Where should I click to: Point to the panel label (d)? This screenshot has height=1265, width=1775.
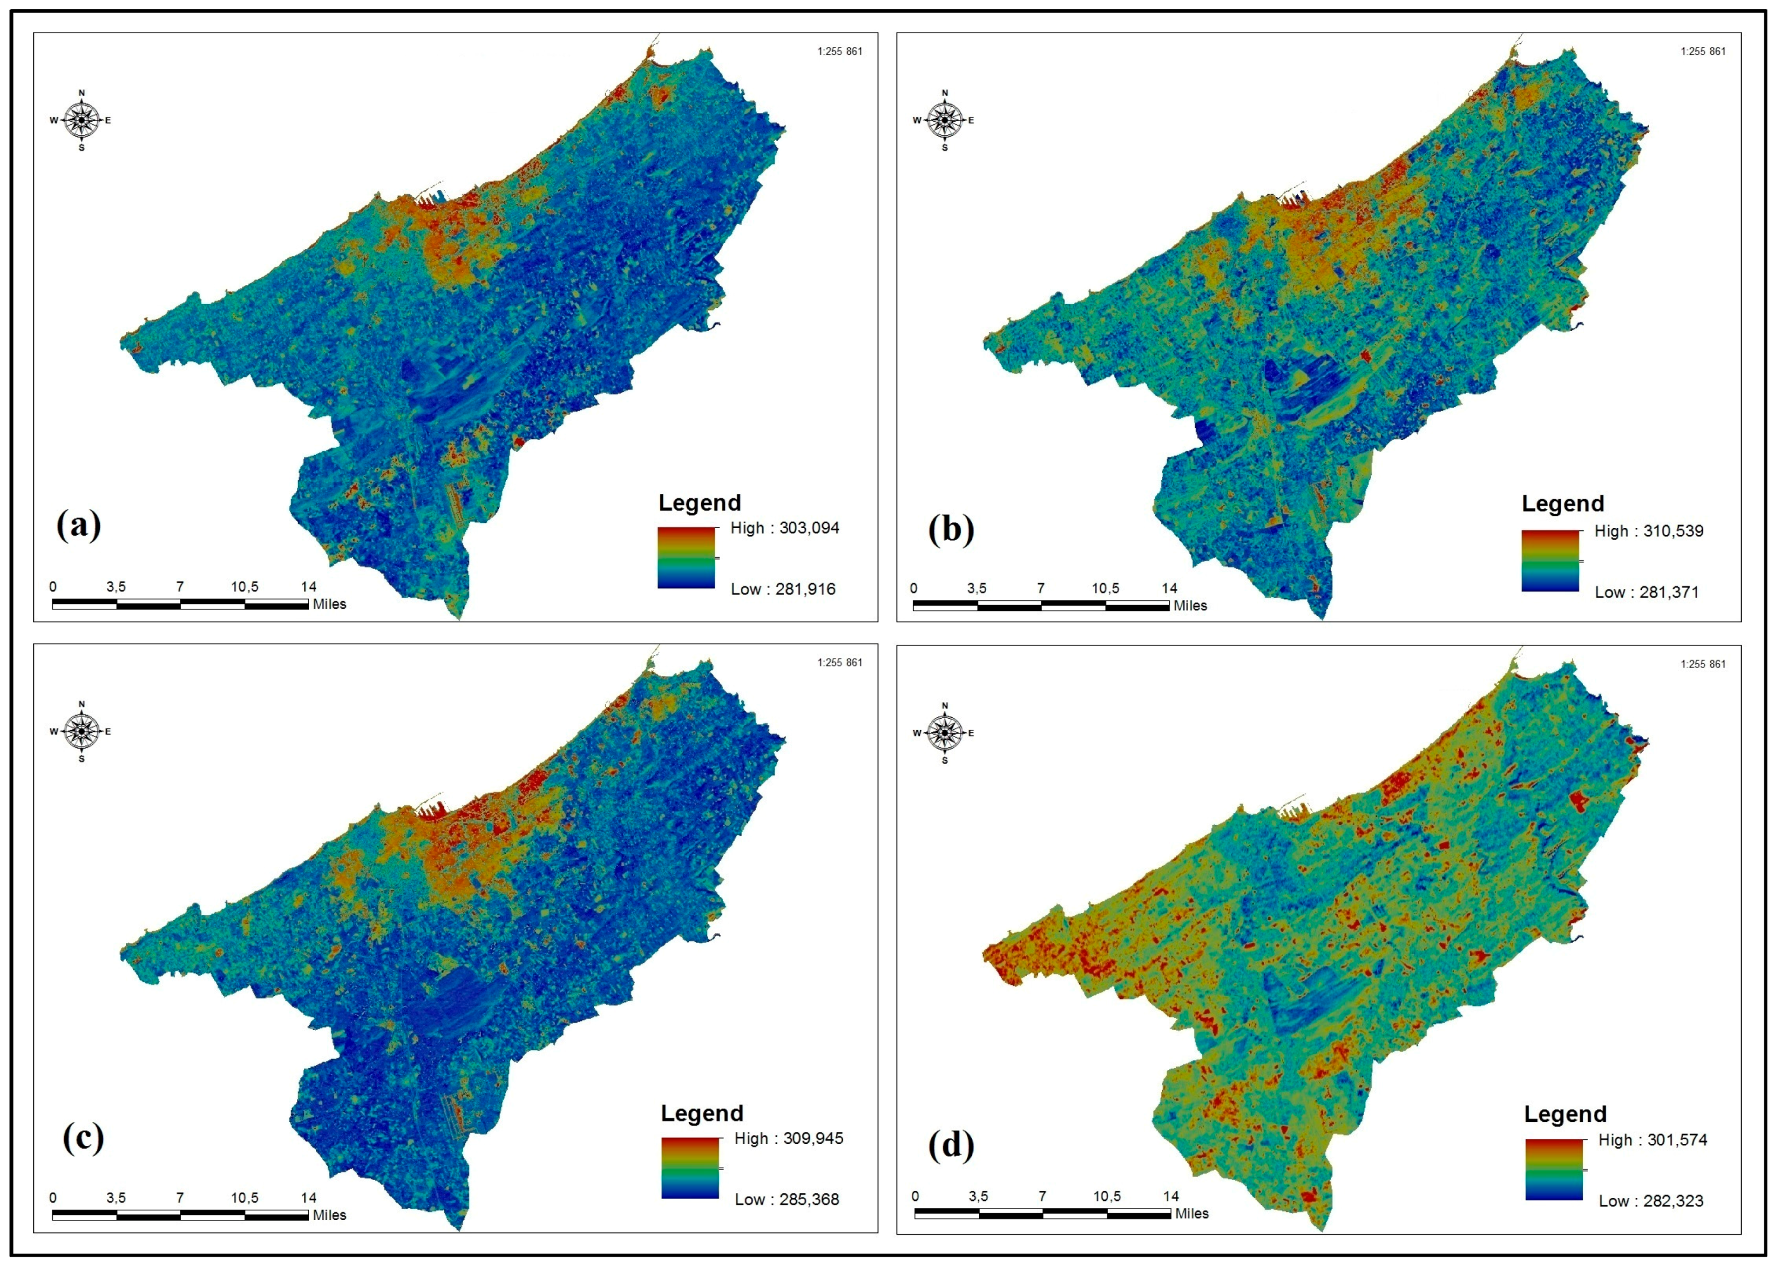950,1145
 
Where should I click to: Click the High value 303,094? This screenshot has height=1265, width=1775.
785,528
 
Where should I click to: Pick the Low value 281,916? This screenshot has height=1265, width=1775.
782,590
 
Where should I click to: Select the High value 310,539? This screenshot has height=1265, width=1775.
1649,531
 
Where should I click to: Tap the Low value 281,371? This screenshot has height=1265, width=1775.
1647,593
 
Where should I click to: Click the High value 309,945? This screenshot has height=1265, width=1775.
788,1139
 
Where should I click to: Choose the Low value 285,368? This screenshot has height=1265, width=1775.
787,1200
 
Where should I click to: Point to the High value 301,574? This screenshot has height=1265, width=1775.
1653,1140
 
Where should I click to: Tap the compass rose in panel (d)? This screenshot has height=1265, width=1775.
945,733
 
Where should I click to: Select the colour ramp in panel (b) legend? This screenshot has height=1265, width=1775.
1550,561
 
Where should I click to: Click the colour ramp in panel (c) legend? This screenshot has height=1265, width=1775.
690,1168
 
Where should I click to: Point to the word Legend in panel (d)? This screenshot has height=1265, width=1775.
1565,1114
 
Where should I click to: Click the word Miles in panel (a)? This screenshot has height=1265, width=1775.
329,605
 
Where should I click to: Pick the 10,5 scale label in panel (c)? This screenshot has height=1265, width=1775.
245,1198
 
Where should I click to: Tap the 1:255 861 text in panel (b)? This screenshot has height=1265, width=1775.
1703,52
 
